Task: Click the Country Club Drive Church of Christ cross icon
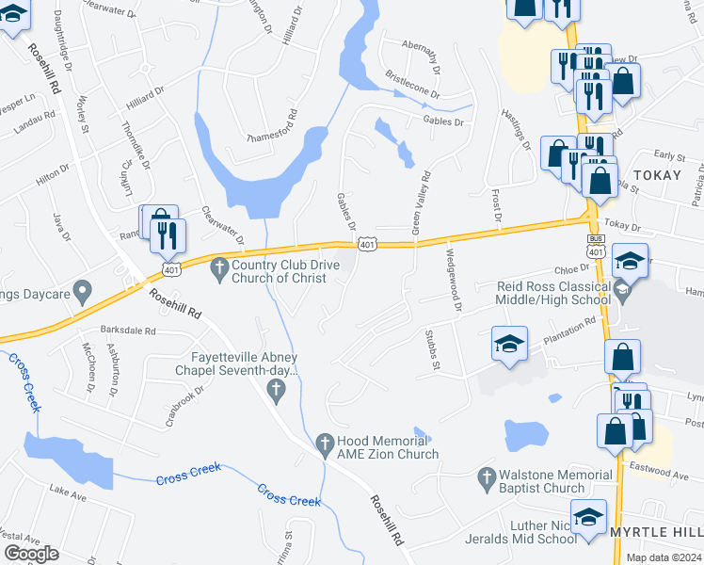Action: [219, 269]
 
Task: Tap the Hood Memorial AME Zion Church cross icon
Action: [324, 442]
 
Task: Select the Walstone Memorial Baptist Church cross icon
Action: [487, 477]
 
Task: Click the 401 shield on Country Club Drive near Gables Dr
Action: [368, 245]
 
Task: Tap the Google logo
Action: [31, 553]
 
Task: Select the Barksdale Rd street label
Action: [127, 331]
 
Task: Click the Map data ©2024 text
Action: [664, 557]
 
